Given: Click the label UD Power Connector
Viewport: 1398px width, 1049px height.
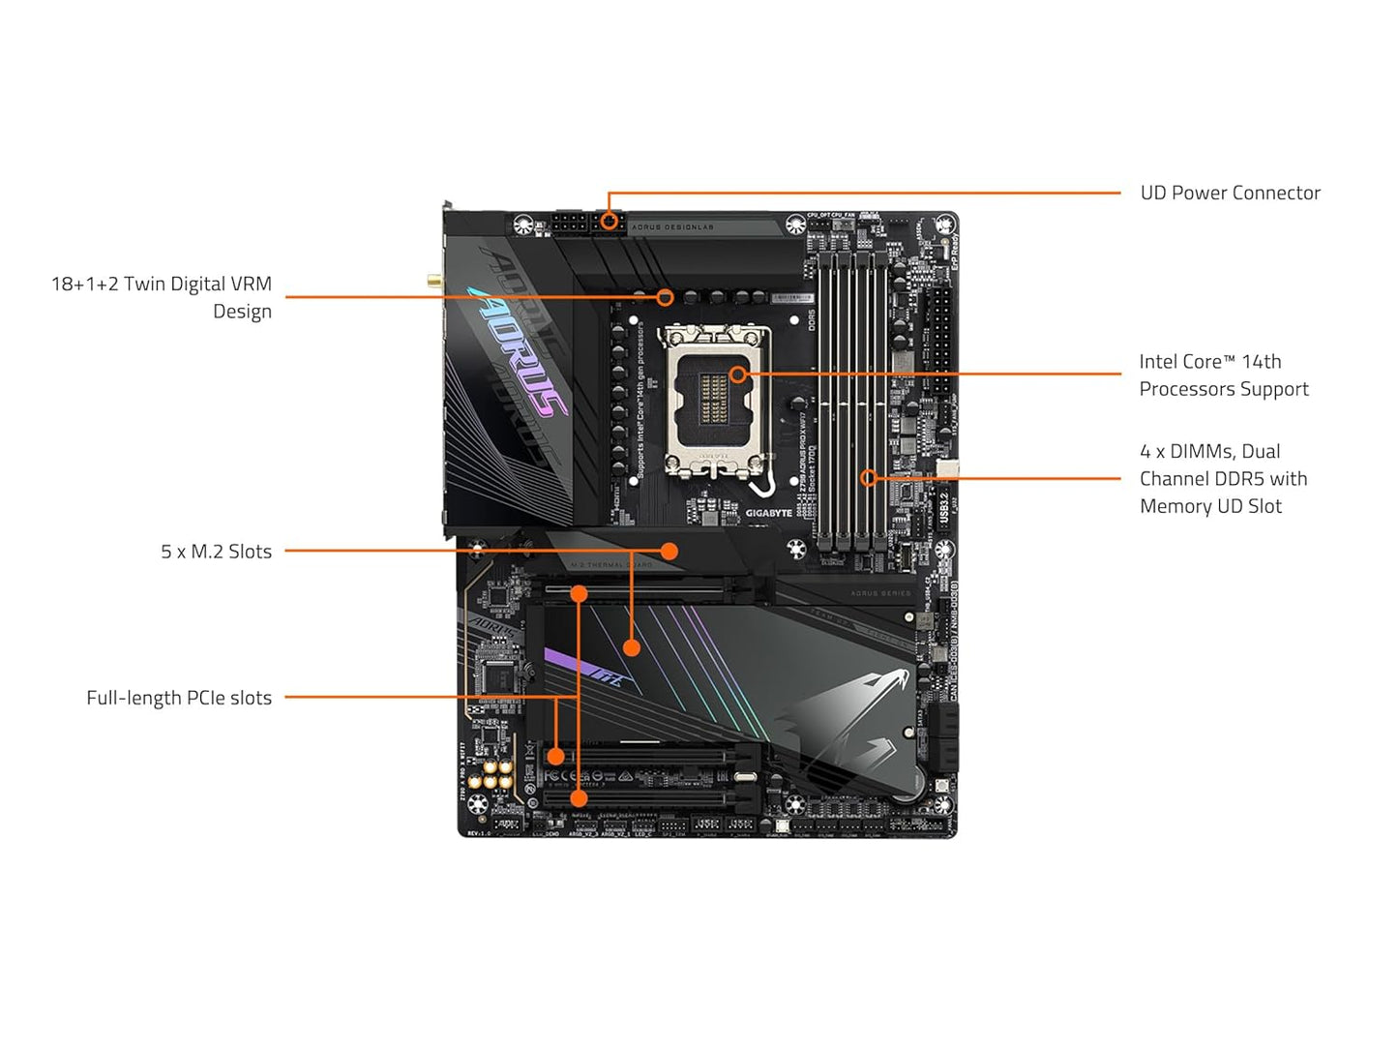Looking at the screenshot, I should tap(1229, 193).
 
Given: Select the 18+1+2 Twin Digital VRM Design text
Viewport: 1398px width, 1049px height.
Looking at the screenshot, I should tap(162, 297).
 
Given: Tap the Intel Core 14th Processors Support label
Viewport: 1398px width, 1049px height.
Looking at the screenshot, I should tap(1223, 375).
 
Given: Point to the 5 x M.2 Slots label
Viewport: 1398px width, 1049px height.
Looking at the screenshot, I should tap(216, 552).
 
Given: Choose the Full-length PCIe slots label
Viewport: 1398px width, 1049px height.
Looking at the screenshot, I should tap(179, 698).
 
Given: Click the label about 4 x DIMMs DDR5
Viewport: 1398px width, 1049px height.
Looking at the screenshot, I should tap(1223, 478).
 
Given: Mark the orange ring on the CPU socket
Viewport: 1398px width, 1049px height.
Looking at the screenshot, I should tap(738, 374).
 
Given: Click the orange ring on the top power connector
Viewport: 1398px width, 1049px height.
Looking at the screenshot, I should tap(609, 221).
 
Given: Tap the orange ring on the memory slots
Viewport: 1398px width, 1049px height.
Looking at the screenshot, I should tap(869, 477).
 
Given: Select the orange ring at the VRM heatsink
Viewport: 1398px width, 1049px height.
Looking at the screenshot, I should tap(665, 296).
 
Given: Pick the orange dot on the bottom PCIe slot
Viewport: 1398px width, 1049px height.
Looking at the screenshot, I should tap(579, 798).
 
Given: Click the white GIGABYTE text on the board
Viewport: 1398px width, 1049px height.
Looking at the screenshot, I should tap(768, 513).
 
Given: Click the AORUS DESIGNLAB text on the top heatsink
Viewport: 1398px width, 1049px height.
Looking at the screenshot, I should tap(671, 227).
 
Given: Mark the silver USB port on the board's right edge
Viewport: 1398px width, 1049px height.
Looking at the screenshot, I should tap(947, 469).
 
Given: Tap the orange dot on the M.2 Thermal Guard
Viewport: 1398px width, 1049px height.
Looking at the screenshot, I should tap(669, 552).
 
